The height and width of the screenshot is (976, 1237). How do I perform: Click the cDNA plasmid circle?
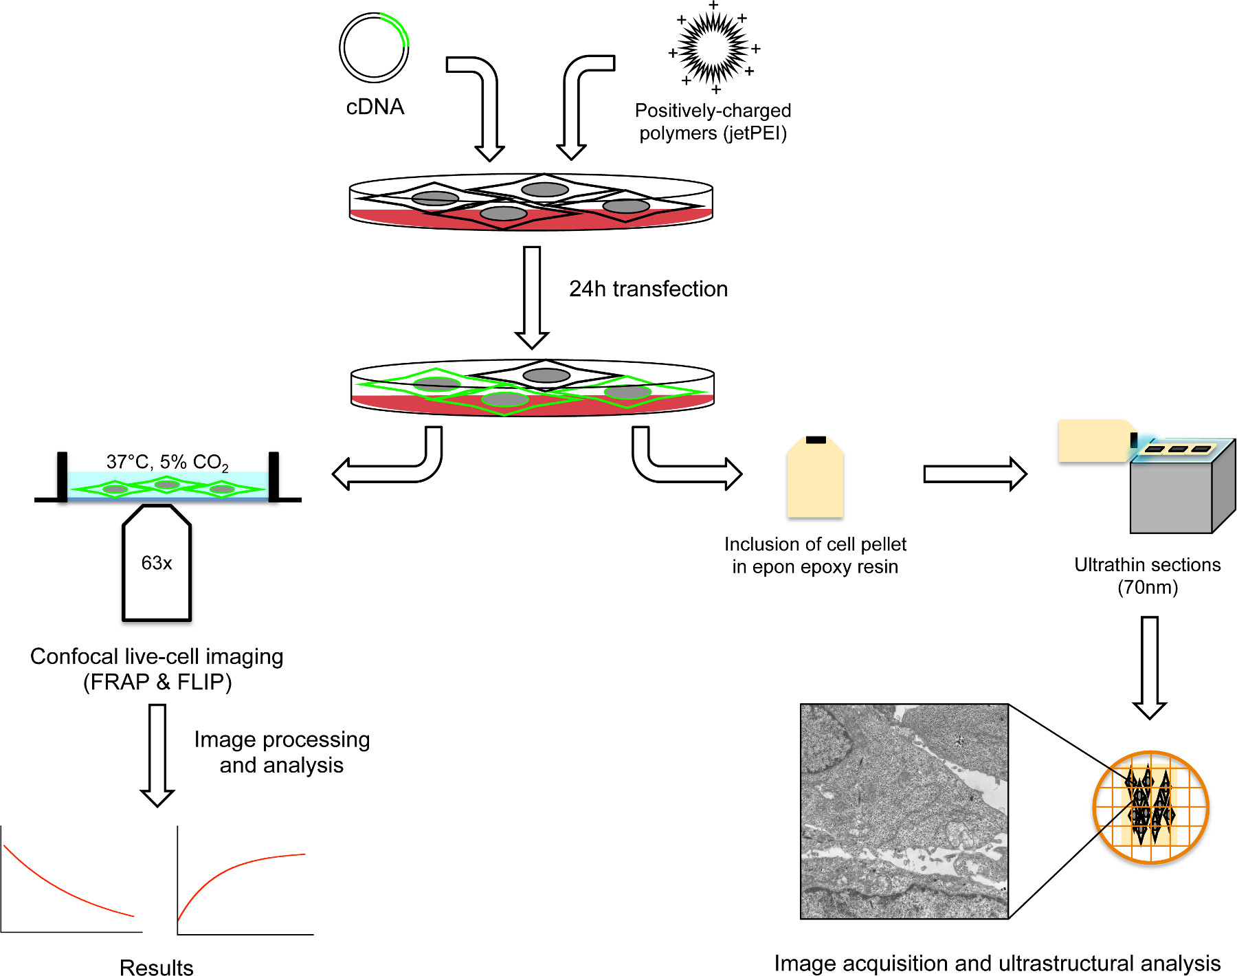click(374, 47)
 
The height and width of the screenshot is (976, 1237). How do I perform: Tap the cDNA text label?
click(375, 107)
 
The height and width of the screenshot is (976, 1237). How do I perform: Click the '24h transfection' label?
click(648, 289)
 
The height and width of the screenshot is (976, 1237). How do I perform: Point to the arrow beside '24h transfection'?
click(532, 298)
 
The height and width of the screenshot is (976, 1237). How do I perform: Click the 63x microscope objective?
click(157, 564)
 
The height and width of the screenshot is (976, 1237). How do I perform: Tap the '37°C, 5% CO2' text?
click(167, 463)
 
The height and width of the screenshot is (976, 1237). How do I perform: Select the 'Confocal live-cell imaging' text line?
click(157, 657)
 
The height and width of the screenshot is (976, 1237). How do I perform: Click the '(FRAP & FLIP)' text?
click(157, 683)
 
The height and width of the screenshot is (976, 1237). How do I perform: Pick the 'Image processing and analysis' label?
click(282, 752)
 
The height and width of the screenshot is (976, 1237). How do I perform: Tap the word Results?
click(157, 967)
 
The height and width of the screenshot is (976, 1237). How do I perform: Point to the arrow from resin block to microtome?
click(975, 474)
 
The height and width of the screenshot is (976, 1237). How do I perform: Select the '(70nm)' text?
click(1148, 588)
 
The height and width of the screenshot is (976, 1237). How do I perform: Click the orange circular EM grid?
click(1150, 807)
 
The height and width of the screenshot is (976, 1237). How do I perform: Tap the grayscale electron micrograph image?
click(904, 811)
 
